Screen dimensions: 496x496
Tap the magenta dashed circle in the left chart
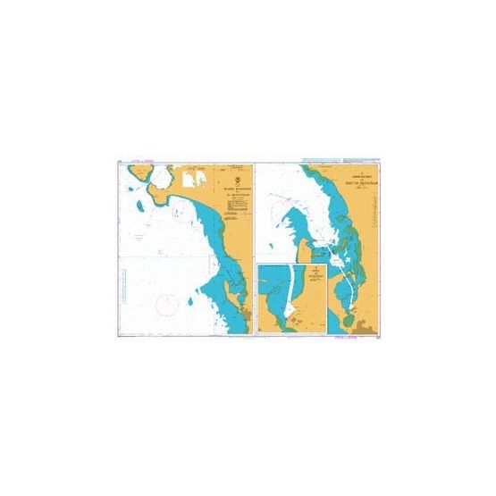tap(165, 307)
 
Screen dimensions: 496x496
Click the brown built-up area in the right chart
tap(359, 328)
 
